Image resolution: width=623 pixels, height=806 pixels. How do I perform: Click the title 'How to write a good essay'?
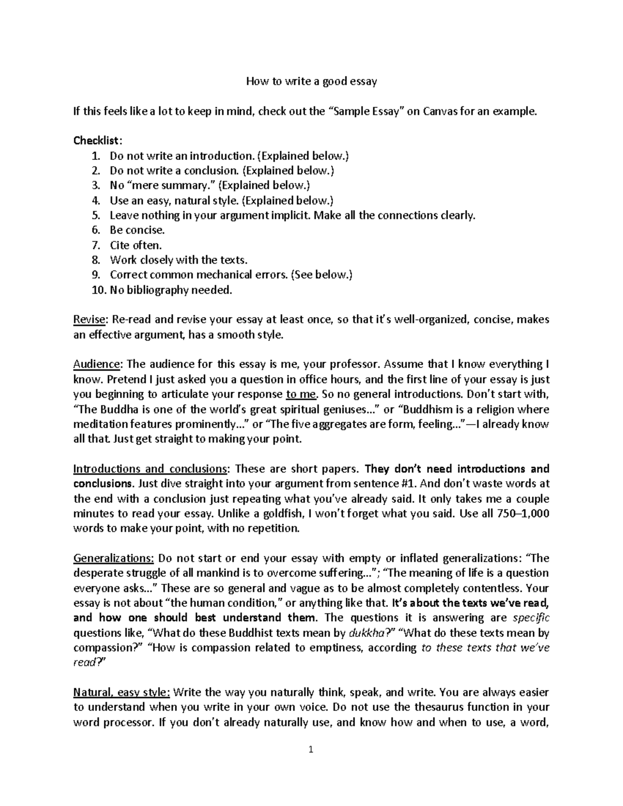click(311, 81)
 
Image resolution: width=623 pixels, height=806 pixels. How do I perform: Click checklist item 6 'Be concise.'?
click(137, 230)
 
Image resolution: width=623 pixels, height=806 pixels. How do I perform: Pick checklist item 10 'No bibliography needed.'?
click(171, 290)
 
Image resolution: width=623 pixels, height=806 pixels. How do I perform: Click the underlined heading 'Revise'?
click(90, 320)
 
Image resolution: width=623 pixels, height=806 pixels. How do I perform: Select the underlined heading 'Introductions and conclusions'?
click(150, 469)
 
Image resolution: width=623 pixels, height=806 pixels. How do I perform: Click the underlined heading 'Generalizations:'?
click(114, 558)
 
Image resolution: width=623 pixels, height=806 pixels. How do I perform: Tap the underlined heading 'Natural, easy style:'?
click(121, 692)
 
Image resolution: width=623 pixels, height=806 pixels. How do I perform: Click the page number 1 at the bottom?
click(311, 749)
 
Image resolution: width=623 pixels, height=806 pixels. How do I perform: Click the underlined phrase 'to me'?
click(301, 394)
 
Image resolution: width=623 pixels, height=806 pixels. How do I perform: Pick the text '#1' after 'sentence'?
click(407, 484)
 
